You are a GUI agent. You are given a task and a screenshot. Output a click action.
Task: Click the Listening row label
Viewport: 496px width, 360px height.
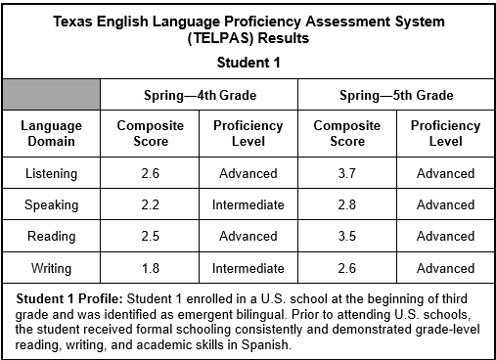51,173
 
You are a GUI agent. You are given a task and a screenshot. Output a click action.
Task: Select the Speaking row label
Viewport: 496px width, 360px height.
51,204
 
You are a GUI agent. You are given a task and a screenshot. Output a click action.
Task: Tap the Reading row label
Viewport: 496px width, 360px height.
51,236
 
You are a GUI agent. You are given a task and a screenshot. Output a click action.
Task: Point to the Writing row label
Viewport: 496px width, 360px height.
51,267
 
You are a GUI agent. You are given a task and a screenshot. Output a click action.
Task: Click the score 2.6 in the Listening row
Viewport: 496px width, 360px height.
150,173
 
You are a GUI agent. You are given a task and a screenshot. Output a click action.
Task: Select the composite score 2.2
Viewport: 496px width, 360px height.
150,204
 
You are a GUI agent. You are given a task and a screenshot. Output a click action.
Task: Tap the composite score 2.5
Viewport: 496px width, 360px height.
150,236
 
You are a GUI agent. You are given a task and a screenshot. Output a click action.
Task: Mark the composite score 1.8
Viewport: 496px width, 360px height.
150,267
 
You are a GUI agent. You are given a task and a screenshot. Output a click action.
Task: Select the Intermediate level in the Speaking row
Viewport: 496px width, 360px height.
248,204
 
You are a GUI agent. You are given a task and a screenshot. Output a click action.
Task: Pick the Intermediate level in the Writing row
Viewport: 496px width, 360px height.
248,267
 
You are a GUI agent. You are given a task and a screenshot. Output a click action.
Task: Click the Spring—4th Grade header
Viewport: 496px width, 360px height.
199,95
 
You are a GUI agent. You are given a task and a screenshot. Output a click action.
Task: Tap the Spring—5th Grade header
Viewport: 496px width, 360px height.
395,95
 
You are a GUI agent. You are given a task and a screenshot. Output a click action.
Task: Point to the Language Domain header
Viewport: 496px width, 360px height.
51,133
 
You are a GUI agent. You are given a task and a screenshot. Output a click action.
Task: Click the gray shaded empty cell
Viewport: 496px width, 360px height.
51,95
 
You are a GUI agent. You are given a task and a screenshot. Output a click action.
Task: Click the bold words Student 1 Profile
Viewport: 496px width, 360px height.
67,297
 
